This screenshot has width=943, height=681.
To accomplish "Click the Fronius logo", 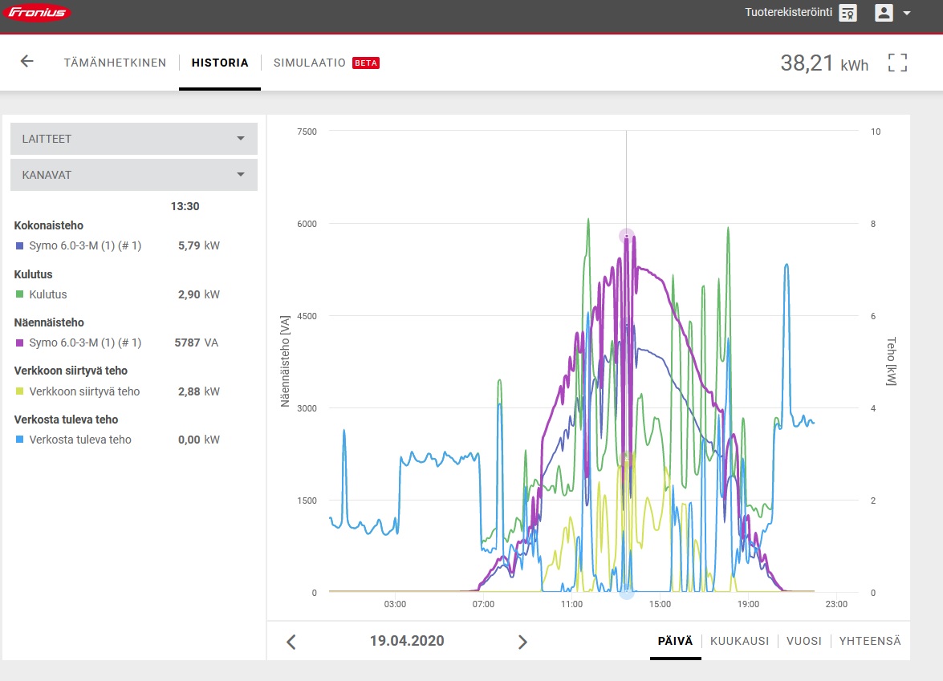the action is pyautogui.click(x=37, y=12).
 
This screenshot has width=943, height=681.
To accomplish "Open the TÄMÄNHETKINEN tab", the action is pyautogui.click(x=115, y=63).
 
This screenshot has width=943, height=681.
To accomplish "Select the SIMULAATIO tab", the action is pyautogui.click(x=309, y=63).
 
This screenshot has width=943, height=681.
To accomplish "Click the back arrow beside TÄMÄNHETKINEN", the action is pyautogui.click(x=27, y=61).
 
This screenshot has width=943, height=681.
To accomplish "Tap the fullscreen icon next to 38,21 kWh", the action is pyautogui.click(x=897, y=63).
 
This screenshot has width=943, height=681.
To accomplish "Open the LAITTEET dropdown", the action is pyautogui.click(x=134, y=139).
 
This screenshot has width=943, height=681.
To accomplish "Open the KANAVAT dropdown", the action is pyautogui.click(x=134, y=175).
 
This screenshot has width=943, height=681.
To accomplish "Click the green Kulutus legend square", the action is pyautogui.click(x=19, y=294).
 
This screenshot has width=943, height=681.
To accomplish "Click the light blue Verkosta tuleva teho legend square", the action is pyautogui.click(x=19, y=440).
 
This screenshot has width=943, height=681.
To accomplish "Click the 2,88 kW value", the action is pyautogui.click(x=198, y=391).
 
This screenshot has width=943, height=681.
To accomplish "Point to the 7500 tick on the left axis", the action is pyautogui.click(x=307, y=132).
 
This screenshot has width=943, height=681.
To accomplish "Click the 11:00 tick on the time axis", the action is pyautogui.click(x=571, y=604).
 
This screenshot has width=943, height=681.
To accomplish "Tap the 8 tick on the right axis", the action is pyautogui.click(x=873, y=224).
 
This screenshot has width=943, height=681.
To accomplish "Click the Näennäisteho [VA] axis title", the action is pyautogui.click(x=285, y=361).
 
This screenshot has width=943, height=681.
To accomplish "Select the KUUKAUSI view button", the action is pyautogui.click(x=739, y=641).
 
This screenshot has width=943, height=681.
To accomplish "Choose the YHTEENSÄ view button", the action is pyautogui.click(x=870, y=641).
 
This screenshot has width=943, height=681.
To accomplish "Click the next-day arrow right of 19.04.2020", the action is pyautogui.click(x=522, y=642).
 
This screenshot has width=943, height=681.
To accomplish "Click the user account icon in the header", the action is pyautogui.click(x=884, y=13).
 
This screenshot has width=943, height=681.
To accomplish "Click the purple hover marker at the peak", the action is pyautogui.click(x=627, y=236).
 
